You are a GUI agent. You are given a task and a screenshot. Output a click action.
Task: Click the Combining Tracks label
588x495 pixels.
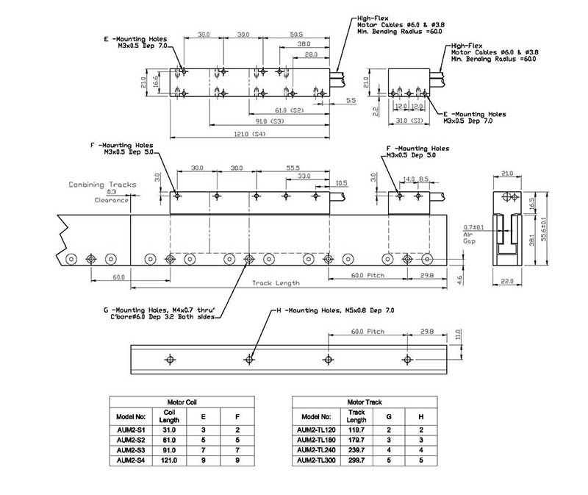(98, 185)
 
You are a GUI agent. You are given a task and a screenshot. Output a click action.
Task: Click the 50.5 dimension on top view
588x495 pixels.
(296, 35)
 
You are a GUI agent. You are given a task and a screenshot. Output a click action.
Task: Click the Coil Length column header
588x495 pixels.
(170, 416)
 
